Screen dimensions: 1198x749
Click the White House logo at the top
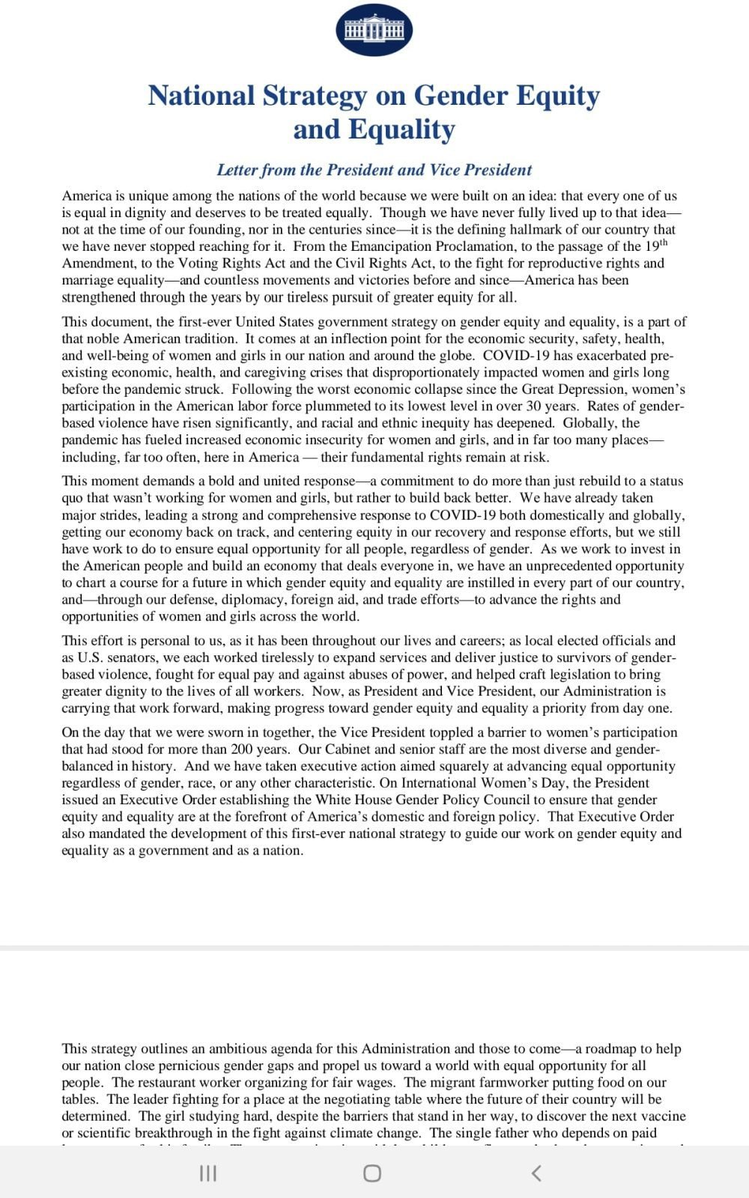(x=374, y=29)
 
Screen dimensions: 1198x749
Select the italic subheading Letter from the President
(x=374, y=170)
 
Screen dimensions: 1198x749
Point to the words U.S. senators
(x=116, y=658)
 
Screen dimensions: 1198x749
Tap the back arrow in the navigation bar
(x=536, y=1173)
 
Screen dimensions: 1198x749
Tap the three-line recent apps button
(x=208, y=1173)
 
